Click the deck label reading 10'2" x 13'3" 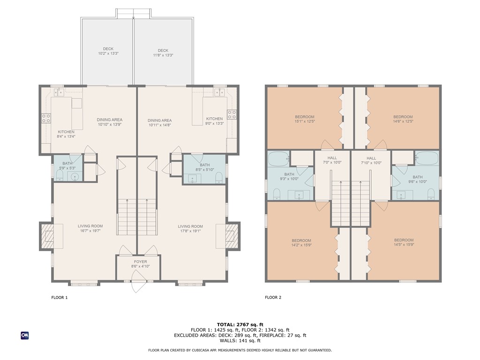click(x=108, y=52)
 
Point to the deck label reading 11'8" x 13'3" click(x=163, y=53)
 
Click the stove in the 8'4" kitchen click(x=46, y=119)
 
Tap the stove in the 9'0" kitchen click(x=232, y=114)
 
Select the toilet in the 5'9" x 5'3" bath click(x=59, y=175)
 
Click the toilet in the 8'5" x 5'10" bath click(x=219, y=177)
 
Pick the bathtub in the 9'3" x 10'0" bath click(x=278, y=159)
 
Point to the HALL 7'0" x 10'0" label click(x=332, y=160)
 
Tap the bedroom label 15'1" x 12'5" click(x=305, y=119)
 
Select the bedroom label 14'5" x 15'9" click(x=404, y=242)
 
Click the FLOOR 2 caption click(x=273, y=297)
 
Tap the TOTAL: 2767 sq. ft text click(x=240, y=324)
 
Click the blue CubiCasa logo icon click(x=24, y=335)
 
